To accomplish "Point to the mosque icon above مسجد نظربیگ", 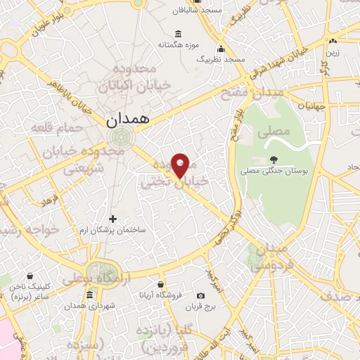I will tap(221, 49).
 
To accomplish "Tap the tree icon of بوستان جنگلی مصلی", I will tap(273, 159).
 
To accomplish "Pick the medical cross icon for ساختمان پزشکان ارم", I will tap(112, 219).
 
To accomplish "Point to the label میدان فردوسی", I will tap(265, 259).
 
